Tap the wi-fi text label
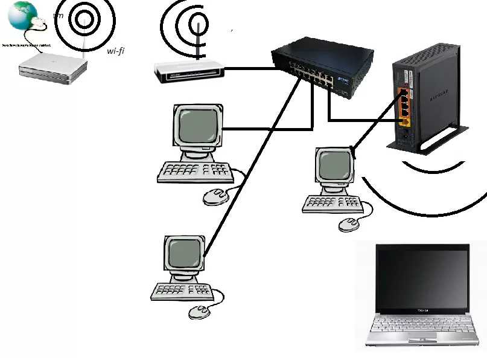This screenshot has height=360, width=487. coord(115,51)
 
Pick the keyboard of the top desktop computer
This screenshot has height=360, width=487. coord(195,172)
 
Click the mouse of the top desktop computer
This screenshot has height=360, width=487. coord(215,196)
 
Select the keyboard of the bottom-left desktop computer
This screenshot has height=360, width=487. coord(180,291)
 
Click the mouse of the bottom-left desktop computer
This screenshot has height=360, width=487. coord(200,311)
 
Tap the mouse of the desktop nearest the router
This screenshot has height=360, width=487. coord(349,225)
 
